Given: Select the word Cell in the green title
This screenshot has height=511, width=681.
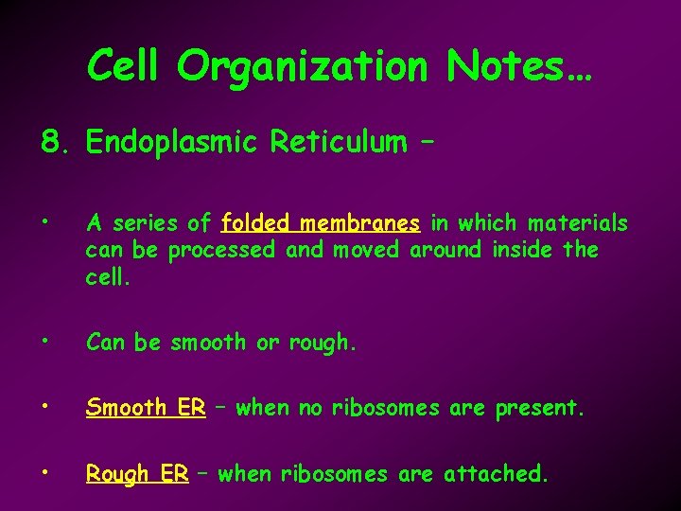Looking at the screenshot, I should (127, 66).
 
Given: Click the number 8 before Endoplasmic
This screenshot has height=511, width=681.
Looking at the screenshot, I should (51, 143).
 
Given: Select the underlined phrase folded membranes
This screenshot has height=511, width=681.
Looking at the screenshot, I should (320, 223).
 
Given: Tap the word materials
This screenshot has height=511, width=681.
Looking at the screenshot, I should (578, 223).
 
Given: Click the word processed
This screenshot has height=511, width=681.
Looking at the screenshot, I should (221, 251).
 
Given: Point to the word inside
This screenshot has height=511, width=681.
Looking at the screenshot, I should (523, 250).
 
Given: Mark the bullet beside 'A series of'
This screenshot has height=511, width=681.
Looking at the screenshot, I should (46, 224).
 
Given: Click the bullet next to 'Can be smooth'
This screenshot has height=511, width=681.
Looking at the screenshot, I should (46, 343).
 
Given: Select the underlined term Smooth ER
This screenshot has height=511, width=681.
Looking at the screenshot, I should (146, 408).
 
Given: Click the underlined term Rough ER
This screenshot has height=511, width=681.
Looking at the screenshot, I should (137, 474).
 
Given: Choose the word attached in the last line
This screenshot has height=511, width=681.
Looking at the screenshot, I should (498, 473).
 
